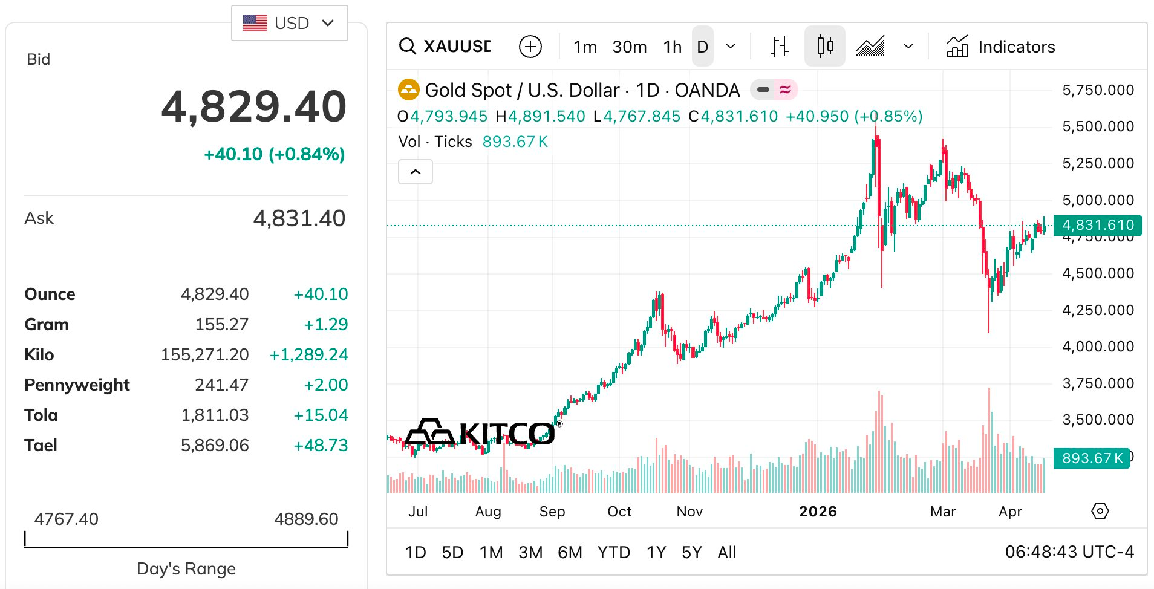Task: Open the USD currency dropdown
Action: tap(289, 23)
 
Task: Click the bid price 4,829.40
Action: tap(254, 107)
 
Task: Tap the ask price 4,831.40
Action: tap(299, 218)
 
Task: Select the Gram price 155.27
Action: tap(221, 325)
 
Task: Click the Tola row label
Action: tap(41, 415)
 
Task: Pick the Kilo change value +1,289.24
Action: tap(308, 355)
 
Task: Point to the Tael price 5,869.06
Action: tap(215, 446)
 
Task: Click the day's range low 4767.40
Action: tap(66, 519)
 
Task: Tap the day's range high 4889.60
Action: tap(306, 519)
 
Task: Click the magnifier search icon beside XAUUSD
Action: tap(408, 47)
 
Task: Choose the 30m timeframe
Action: tap(629, 47)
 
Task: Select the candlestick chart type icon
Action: tap(824, 46)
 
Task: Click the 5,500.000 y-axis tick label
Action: tap(1098, 126)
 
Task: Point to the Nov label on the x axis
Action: tap(689, 512)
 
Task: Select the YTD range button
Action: tap(613, 552)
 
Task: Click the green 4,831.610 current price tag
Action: tap(1097, 225)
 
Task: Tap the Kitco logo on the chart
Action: tap(480, 433)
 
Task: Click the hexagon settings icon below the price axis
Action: tap(1100, 512)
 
